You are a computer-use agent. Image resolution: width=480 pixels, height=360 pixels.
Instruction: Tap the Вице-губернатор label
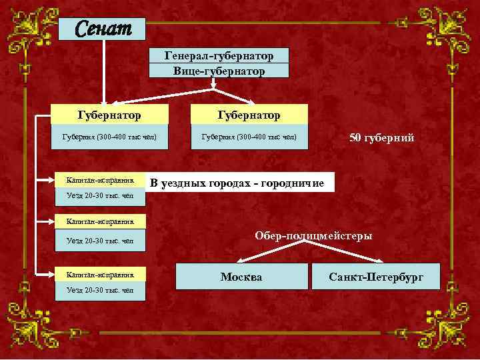pos(219,70)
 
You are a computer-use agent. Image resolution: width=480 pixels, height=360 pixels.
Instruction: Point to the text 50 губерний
pos(382,138)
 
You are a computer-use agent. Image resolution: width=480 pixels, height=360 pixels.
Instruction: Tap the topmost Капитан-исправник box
pos(100,179)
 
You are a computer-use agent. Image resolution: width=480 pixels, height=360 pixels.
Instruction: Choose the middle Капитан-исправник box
pos(100,221)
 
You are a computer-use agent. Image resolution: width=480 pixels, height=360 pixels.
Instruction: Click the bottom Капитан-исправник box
pos(100,274)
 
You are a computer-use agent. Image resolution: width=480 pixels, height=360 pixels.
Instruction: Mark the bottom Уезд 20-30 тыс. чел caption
pos(100,291)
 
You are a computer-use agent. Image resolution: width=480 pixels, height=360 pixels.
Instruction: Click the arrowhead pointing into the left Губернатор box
pos(103,101)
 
